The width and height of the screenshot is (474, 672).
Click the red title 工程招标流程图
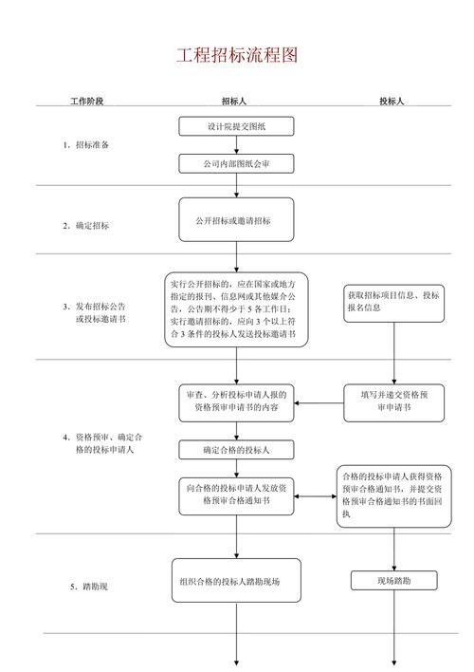(x=237, y=55)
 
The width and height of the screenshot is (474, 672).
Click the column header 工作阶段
(x=86, y=101)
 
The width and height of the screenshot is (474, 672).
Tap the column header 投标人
(x=392, y=101)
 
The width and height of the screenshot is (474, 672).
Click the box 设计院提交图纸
(x=236, y=126)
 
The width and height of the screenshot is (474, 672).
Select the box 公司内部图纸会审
(x=236, y=164)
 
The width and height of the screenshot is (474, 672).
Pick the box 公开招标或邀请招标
(x=236, y=221)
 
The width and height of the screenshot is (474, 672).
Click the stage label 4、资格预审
(x=102, y=442)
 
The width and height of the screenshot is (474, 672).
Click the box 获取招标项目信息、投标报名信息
(x=392, y=301)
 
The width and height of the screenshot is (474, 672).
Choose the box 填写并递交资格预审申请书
(x=392, y=401)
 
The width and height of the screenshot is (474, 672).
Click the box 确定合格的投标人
(x=236, y=449)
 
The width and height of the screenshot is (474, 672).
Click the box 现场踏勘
(x=392, y=580)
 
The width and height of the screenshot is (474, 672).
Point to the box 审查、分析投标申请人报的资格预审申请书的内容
(x=236, y=401)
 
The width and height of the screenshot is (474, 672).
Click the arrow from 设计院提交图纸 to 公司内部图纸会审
(x=236, y=145)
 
